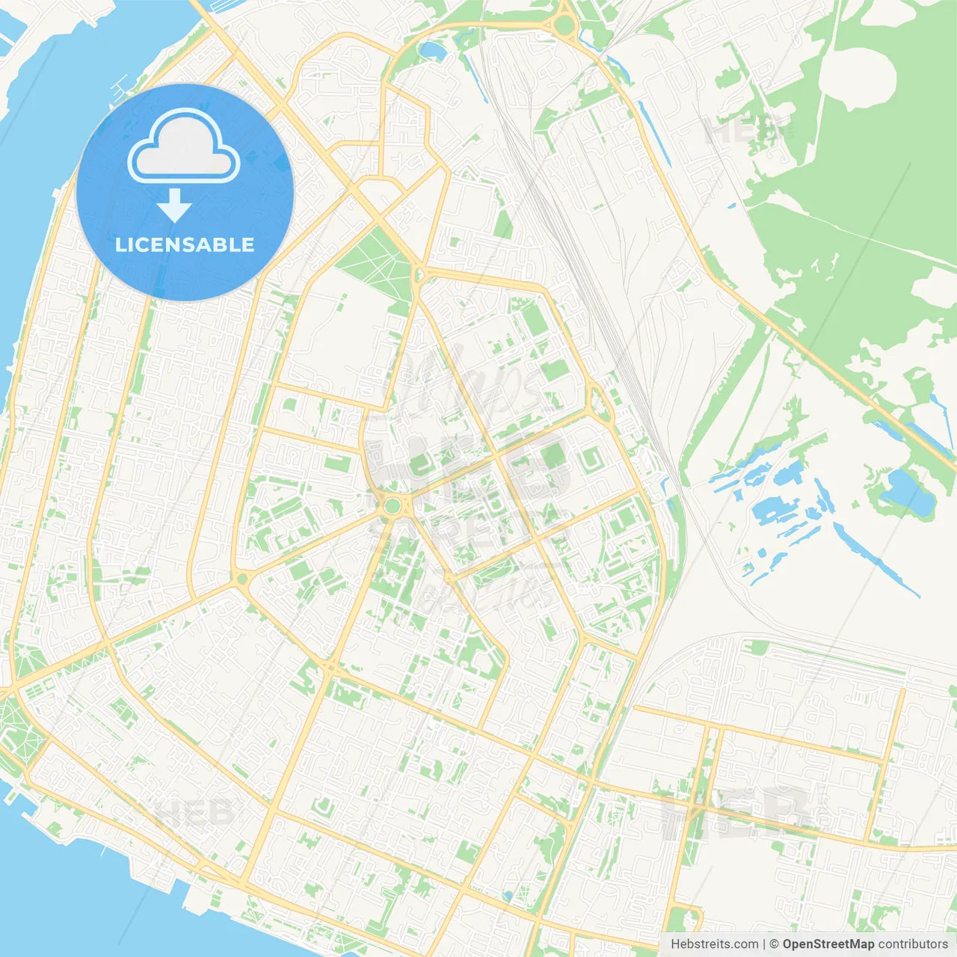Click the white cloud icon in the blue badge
click(x=184, y=147)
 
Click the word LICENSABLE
click(x=185, y=244)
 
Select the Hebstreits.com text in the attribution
click(x=715, y=944)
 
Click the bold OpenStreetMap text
click(x=828, y=944)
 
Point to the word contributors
click(x=913, y=944)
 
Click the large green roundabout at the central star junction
click(x=392, y=506)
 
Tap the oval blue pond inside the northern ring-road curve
click(x=431, y=51)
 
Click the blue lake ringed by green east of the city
click(x=908, y=491)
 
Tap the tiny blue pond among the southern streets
click(x=508, y=895)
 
